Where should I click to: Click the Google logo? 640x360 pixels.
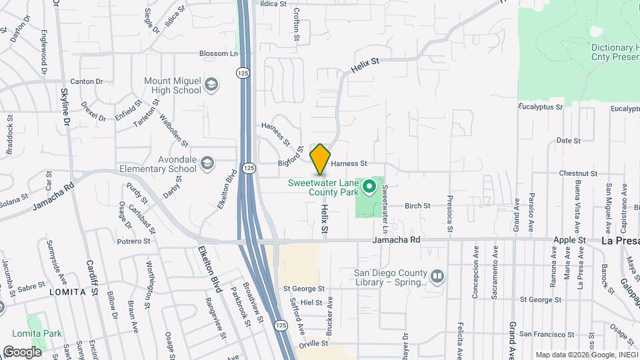[x=22, y=352]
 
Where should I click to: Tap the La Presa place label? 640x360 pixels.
[x=619, y=240]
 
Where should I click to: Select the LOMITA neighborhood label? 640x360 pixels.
[x=68, y=292]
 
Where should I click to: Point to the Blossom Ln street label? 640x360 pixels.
[x=218, y=53]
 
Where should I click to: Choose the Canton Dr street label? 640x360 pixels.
[x=87, y=81]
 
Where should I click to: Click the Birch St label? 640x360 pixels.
[x=417, y=206]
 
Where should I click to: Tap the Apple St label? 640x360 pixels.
[x=572, y=239]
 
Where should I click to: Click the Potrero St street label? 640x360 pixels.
[x=135, y=241]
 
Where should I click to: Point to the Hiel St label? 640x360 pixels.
[x=311, y=302]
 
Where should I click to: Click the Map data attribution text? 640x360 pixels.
[x=585, y=354]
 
